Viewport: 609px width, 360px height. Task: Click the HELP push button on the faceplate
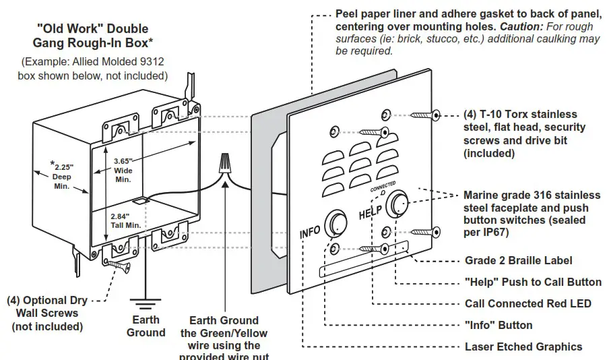[398, 204]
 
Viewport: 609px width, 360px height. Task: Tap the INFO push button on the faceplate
[334, 224]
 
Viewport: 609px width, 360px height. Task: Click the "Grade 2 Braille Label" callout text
[519, 261]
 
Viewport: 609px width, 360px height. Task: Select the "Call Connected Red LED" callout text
[527, 303]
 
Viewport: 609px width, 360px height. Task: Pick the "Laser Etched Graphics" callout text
[523, 347]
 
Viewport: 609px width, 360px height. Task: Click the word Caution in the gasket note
[520, 27]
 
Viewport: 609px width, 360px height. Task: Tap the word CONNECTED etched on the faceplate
[382, 187]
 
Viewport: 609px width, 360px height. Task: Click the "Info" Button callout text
[499, 325]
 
